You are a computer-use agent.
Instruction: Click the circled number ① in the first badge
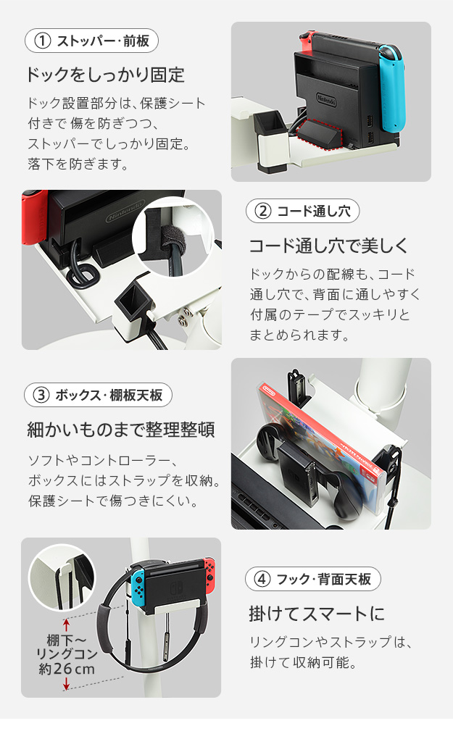[x=43, y=41]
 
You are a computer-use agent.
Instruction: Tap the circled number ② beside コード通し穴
[x=263, y=211]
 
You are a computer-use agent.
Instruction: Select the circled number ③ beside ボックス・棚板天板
[x=41, y=395]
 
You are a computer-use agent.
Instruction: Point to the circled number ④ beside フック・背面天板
[x=262, y=579]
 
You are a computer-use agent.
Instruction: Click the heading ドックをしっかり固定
[x=104, y=75]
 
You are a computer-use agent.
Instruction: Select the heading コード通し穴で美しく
[x=328, y=246]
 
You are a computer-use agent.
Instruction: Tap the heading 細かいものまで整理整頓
[x=121, y=430]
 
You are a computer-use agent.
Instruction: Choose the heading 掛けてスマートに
[x=317, y=614]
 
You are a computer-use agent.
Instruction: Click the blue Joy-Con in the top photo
[x=391, y=88]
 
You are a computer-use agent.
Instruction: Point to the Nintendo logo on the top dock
[x=326, y=100]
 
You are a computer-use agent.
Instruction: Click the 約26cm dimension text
[x=67, y=668]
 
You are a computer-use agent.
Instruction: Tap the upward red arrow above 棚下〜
[x=67, y=625]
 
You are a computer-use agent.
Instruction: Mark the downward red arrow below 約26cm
[x=67, y=683]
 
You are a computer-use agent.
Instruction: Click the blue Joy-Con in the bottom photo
[x=138, y=589]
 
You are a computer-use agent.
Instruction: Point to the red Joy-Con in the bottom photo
[x=209, y=573]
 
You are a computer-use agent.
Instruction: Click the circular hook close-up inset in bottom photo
[x=62, y=578]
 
